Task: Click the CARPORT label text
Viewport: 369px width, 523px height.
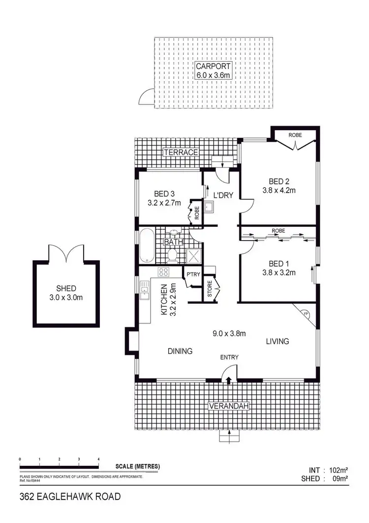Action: point(213,66)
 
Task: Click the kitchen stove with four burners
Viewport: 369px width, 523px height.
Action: point(163,272)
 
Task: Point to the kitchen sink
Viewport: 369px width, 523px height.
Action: point(145,290)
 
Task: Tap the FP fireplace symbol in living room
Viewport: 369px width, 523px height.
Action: point(306,314)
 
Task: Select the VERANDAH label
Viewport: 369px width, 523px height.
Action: point(228,406)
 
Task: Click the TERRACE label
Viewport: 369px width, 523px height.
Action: point(182,152)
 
